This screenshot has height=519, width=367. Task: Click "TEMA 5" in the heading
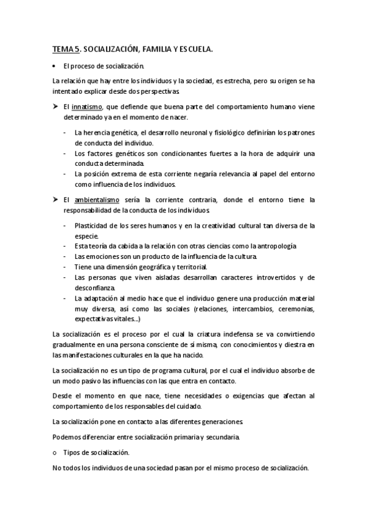pos(64,50)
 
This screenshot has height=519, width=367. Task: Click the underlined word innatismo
pos(86,107)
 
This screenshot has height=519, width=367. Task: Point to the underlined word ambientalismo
pos(93,200)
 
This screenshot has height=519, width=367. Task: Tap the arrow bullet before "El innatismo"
pos(56,107)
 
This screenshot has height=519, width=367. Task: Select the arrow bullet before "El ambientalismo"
pos(56,200)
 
